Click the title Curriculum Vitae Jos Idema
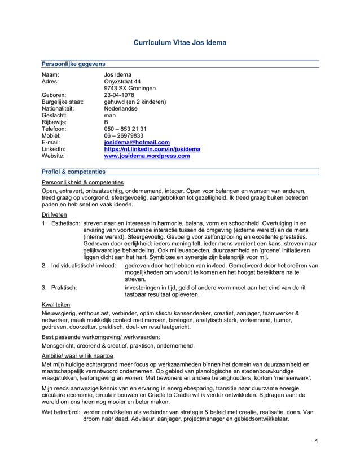(x=180, y=42)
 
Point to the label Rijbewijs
(x=55, y=122)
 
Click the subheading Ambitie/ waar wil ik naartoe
(x=78, y=356)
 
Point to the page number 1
(x=317, y=440)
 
